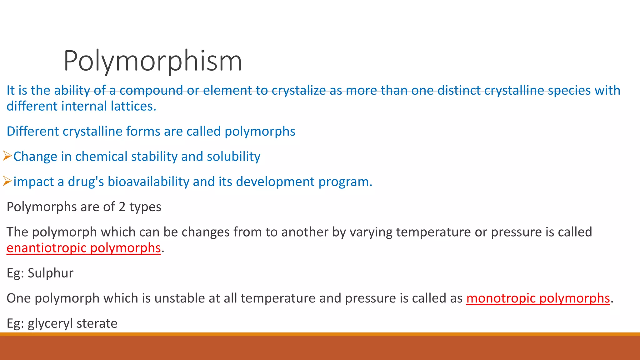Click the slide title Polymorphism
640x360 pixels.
tap(152, 61)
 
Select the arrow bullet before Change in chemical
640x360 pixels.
tap(7, 156)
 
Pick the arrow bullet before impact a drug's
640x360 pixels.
tap(7, 181)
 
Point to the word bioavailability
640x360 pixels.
tap(148, 182)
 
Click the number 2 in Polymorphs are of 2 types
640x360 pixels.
tap(122, 207)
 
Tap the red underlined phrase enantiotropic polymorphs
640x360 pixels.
tap(83, 248)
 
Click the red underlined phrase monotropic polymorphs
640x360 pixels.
tap(538, 298)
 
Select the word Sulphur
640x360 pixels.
tap(50, 273)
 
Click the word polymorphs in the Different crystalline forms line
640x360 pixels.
tap(260, 132)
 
